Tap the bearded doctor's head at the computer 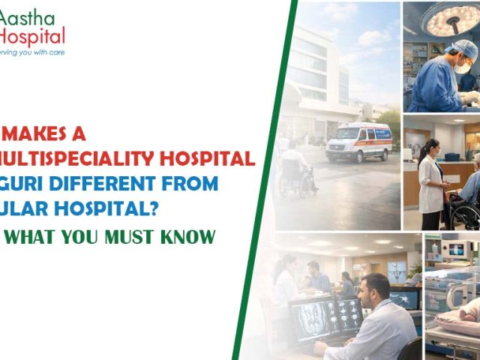pyautogui.click(x=379, y=289)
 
